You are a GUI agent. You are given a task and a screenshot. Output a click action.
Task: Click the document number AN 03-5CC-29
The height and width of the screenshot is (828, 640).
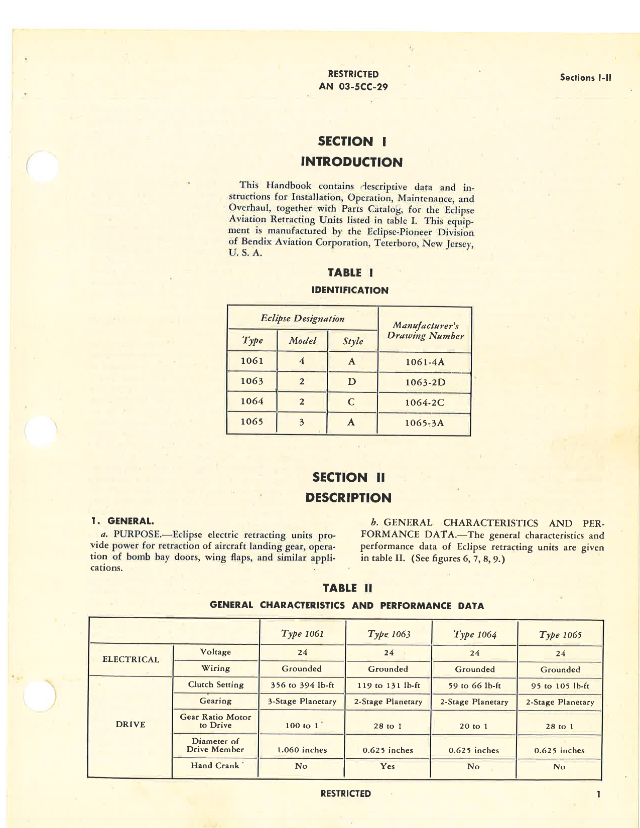pyautogui.click(x=353, y=86)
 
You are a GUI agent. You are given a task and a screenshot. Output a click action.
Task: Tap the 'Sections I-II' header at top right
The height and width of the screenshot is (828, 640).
pyautogui.click(x=585, y=78)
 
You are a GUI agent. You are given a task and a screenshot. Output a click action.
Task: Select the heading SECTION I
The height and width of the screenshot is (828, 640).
pyautogui.click(x=352, y=142)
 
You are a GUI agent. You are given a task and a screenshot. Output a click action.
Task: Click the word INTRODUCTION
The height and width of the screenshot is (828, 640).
pyautogui.click(x=351, y=162)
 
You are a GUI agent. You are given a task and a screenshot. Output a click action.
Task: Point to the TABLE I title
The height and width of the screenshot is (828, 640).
pyautogui.click(x=350, y=272)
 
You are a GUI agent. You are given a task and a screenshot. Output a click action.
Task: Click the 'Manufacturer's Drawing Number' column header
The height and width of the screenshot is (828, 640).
pyautogui.click(x=425, y=331)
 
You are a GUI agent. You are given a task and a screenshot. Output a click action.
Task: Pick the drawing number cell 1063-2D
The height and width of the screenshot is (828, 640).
pyautogui.click(x=425, y=382)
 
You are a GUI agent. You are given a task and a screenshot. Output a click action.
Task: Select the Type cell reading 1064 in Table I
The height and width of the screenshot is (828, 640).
pyautogui.click(x=251, y=401)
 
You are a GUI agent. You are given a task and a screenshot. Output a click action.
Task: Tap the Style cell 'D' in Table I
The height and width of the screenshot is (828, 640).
pyautogui.click(x=352, y=382)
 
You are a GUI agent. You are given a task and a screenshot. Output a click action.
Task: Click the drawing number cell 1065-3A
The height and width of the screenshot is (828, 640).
pyautogui.click(x=424, y=423)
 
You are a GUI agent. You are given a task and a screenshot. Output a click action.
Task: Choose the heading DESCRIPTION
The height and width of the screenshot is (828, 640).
pyautogui.click(x=348, y=498)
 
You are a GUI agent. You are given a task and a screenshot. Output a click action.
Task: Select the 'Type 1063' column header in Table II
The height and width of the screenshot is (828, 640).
pyautogui.click(x=389, y=634)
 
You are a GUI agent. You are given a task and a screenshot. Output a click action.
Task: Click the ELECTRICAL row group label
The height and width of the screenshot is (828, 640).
pyautogui.click(x=131, y=659)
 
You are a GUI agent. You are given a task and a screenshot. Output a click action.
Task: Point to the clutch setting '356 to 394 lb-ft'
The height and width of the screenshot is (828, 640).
pyautogui.click(x=302, y=685)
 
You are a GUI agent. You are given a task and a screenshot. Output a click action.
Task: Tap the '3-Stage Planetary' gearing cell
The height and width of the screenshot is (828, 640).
pyautogui.click(x=302, y=702)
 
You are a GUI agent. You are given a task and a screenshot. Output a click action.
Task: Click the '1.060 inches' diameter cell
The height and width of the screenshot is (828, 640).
pyautogui.click(x=302, y=750)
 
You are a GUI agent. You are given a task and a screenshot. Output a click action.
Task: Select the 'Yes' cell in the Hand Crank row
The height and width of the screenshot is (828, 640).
pyautogui.click(x=388, y=766)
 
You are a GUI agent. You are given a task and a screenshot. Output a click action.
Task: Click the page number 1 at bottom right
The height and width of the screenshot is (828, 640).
pyautogui.click(x=598, y=794)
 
